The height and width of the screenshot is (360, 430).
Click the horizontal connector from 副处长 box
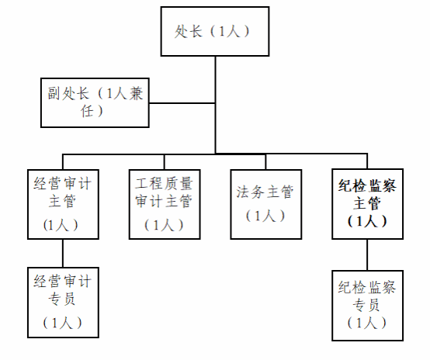(182, 103)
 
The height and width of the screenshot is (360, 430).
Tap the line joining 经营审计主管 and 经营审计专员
(63, 254)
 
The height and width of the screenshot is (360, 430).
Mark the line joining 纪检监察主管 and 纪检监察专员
(367, 255)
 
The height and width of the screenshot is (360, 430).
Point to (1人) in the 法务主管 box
(265, 216)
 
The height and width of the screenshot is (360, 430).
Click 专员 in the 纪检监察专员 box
(366, 305)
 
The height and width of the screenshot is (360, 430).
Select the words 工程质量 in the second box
(164, 183)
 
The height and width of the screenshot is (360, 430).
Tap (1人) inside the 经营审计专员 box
(63, 323)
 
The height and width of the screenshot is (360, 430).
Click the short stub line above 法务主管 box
(265, 161)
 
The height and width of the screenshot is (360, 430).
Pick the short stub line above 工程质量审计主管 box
(165, 161)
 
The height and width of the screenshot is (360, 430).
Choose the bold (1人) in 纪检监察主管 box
(367, 221)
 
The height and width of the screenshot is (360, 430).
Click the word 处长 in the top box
(189, 31)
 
